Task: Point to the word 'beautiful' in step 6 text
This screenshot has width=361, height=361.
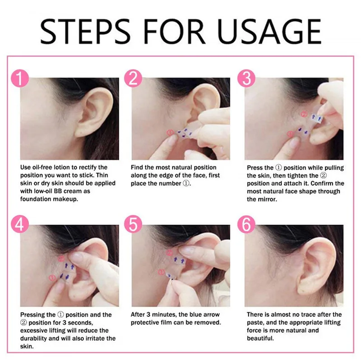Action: coord(260,338)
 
